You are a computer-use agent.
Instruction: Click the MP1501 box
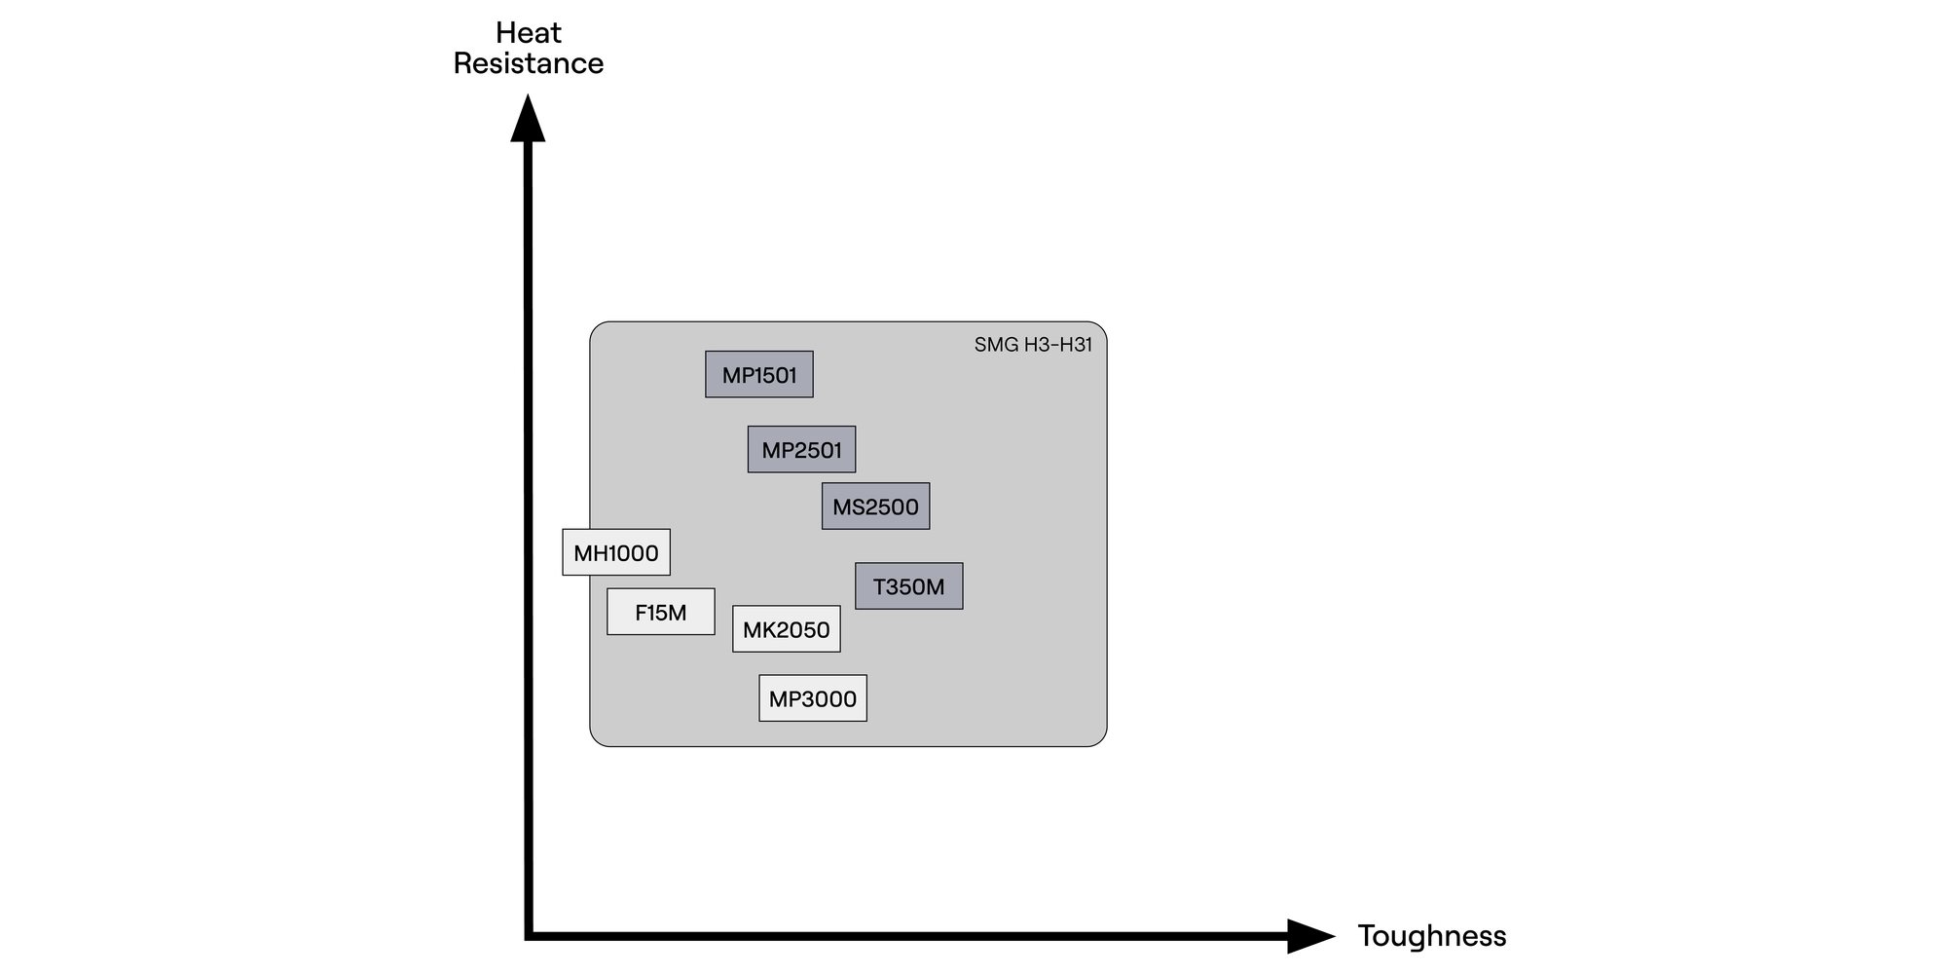click(759, 375)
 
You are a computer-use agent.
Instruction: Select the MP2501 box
click(801, 450)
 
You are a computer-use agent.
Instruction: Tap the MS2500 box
click(875, 507)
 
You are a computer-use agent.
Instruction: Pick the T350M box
click(908, 586)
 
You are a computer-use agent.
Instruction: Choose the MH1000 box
click(615, 553)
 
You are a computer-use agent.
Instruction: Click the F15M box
click(660, 613)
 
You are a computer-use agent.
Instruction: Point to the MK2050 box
click(786, 630)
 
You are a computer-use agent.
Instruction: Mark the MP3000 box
click(812, 699)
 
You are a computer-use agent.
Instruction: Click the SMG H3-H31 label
click(1033, 345)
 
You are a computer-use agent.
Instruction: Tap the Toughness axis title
click(1431, 936)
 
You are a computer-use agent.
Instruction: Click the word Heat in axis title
click(529, 33)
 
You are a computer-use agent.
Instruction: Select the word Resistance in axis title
click(529, 64)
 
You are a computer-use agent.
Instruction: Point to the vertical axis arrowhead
click(528, 119)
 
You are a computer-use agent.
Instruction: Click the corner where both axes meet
click(529, 936)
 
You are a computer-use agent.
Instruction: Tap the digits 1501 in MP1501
click(774, 375)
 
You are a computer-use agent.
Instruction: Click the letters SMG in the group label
click(996, 345)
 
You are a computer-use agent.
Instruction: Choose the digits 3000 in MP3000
click(828, 699)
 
